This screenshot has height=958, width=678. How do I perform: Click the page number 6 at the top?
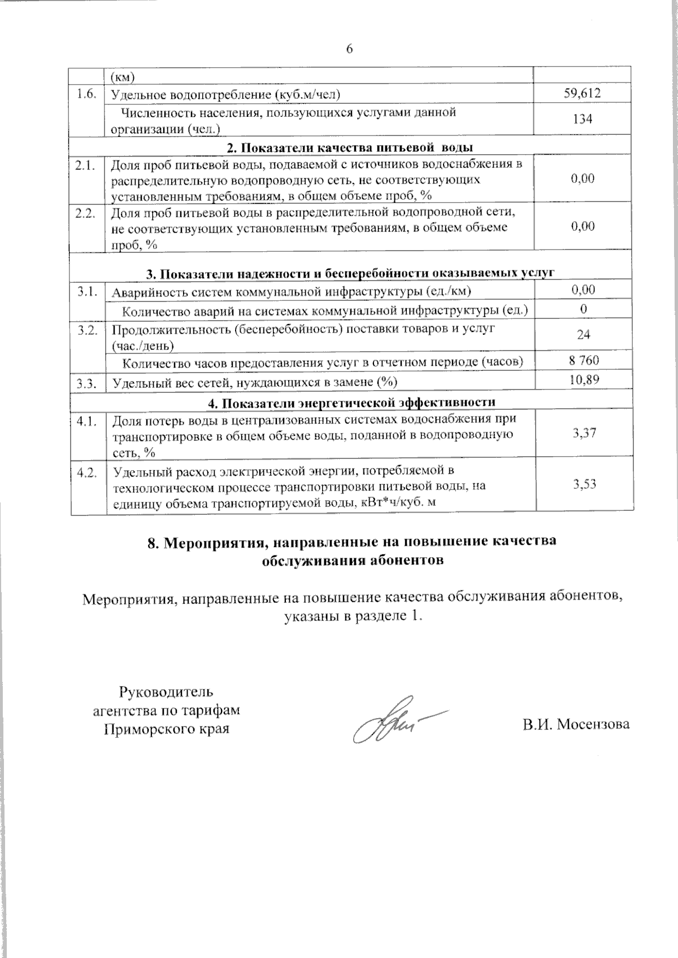[x=349, y=49]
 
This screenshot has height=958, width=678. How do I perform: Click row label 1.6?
[x=86, y=94]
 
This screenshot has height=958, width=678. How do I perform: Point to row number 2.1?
[x=86, y=165]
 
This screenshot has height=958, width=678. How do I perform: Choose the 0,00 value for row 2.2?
[x=583, y=226]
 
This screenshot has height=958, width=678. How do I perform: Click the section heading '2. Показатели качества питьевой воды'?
[x=350, y=148]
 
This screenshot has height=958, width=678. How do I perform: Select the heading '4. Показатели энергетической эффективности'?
[x=350, y=403]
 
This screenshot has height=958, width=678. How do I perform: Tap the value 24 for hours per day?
[x=583, y=335]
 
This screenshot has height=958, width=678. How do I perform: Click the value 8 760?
[x=583, y=360]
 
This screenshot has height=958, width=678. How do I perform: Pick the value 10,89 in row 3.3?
[x=584, y=380]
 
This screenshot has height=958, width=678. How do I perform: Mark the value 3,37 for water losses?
[x=584, y=434]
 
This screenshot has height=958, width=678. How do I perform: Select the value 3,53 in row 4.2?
[x=584, y=484]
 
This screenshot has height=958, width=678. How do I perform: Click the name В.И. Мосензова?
[x=576, y=724]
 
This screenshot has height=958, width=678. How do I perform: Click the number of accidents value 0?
[x=583, y=309]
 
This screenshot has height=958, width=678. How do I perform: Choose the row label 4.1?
[x=88, y=421]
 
